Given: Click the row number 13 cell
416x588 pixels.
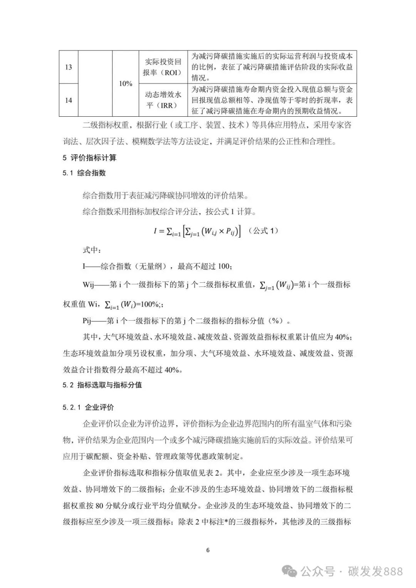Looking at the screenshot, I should tap(68, 67).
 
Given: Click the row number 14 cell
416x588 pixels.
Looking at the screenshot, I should tap(68, 100).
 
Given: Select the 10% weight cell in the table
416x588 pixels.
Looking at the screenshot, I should tap(126, 84).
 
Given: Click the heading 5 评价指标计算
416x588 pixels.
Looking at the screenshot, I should tap(89, 157).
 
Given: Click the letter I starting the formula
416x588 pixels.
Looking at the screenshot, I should tap(155, 231).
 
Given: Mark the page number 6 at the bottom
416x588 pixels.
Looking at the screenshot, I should tap(208, 550).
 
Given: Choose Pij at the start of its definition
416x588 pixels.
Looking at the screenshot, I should tap(88, 321).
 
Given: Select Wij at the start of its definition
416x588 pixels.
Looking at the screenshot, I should tap(89, 285).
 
